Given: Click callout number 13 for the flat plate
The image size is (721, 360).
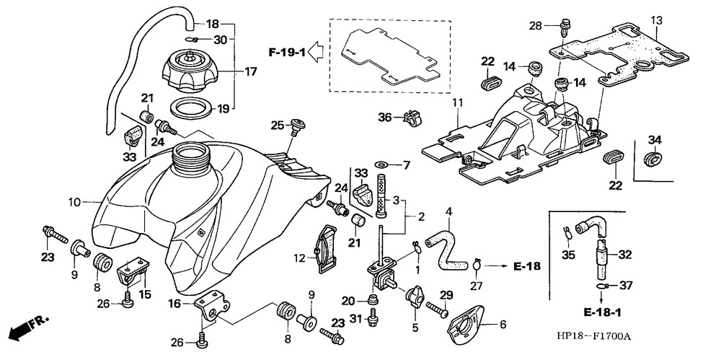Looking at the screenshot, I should (656, 20).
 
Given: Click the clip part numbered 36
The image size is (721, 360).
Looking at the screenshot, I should (412, 117).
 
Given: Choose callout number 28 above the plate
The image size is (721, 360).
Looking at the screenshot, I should (534, 26).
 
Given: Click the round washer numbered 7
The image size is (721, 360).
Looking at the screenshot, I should (382, 165).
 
